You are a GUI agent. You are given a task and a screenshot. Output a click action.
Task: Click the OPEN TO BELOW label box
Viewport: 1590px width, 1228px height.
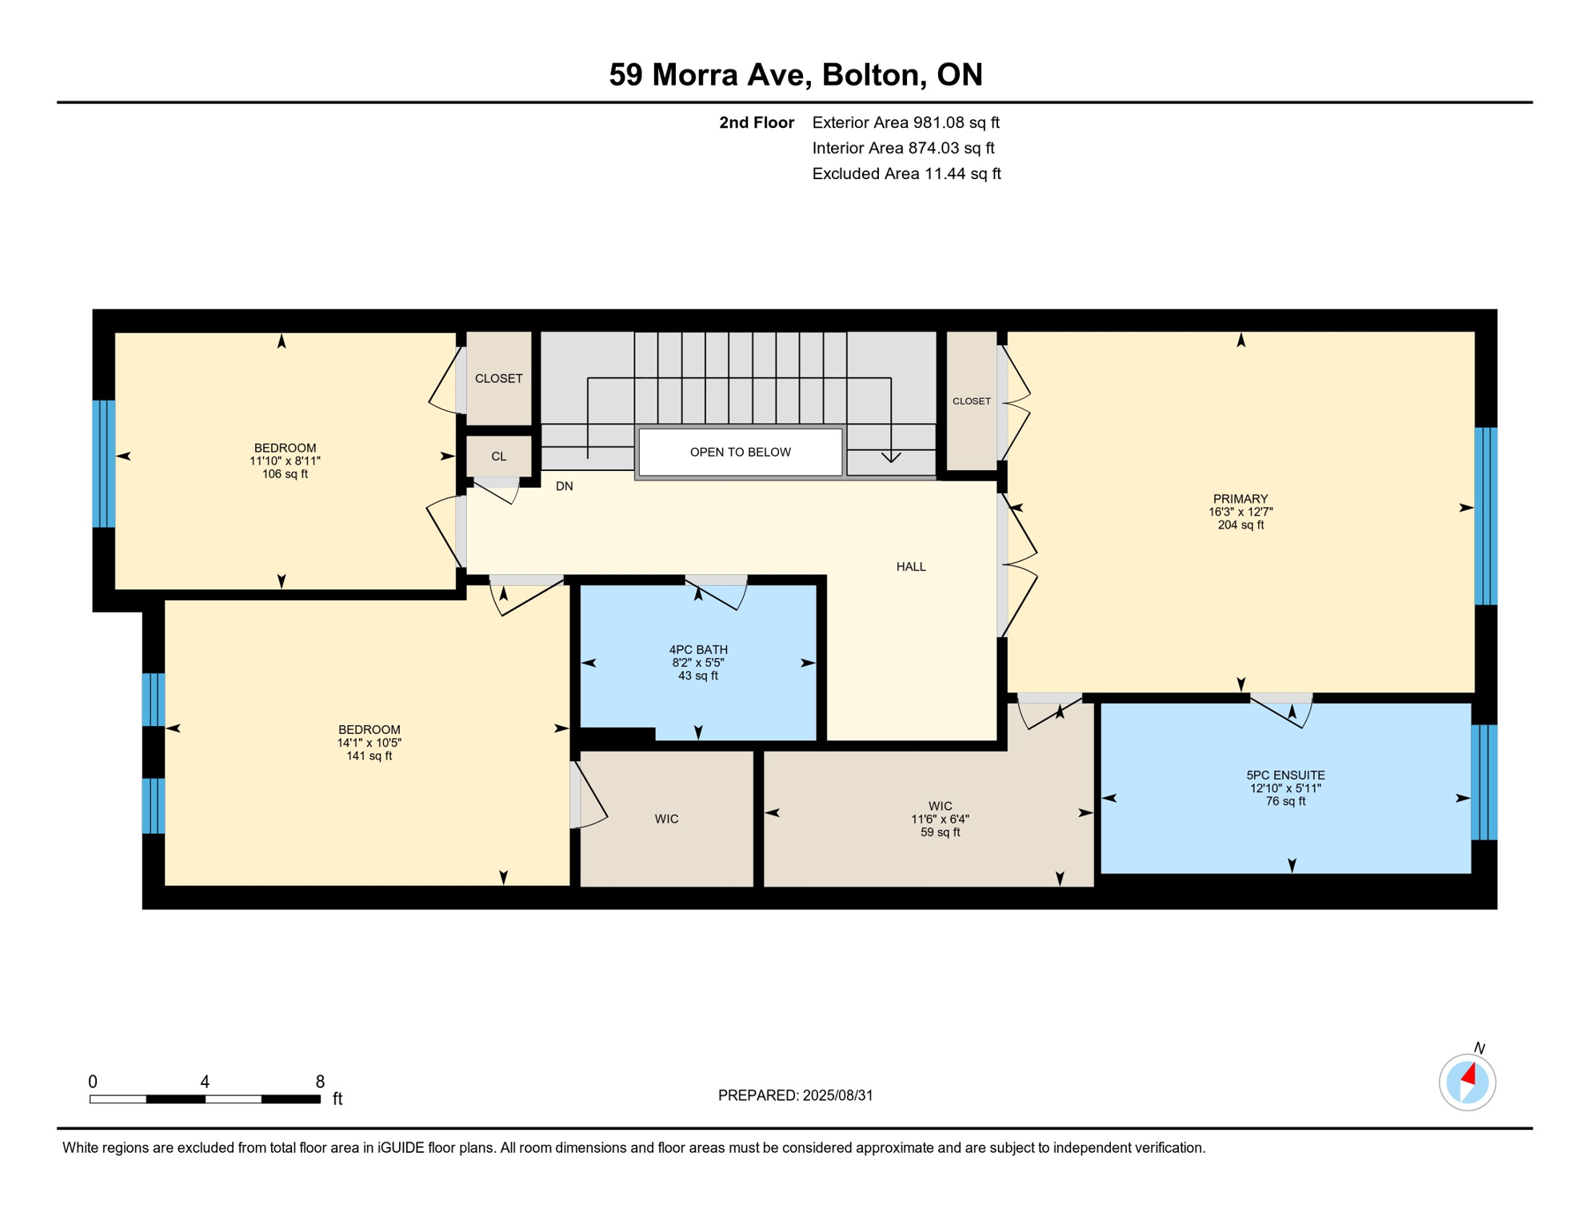(x=740, y=453)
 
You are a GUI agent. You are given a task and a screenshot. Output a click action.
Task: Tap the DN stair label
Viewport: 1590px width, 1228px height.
(x=564, y=486)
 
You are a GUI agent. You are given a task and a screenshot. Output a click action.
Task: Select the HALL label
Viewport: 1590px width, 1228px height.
(x=910, y=567)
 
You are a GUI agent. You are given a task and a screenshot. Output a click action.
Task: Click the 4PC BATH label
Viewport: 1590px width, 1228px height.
(x=698, y=650)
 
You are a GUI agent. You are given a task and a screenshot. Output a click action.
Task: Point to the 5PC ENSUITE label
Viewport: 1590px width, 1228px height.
(x=1284, y=775)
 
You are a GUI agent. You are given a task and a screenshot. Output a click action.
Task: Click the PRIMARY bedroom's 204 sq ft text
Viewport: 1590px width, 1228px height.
(x=1240, y=525)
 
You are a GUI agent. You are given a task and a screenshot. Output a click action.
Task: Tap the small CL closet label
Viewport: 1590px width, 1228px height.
(x=498, y=457)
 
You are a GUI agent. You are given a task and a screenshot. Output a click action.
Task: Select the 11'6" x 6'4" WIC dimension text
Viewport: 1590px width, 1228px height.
(x=940, y=819)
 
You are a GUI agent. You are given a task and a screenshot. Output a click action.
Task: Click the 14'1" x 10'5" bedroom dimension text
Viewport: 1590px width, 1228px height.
(x=369, y=743)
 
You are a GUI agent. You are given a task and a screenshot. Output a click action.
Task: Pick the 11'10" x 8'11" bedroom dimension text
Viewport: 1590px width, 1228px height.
(x=285, y=461)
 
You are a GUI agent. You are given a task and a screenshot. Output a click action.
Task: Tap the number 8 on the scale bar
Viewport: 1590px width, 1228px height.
(x=320, y=1082)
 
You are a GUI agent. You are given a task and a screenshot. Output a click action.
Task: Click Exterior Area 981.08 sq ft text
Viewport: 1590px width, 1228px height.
(x=905, y=122)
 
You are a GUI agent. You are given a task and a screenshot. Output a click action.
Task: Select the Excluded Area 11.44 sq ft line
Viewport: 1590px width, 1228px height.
(x=905, y=173)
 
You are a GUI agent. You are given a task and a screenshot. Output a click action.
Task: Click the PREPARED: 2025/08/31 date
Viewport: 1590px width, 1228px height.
(x=795, y=1095)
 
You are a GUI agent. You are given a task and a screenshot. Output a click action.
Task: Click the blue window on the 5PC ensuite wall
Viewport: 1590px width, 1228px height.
(x=1484, y=782)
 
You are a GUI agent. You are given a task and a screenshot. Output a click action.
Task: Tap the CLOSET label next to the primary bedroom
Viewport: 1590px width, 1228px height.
(x=971, y=401)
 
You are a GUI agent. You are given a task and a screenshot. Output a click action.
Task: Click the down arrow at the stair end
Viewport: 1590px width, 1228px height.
(x=891, y=457)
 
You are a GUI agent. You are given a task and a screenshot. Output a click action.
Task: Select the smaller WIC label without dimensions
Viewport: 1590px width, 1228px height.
(x=666, y=819)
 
